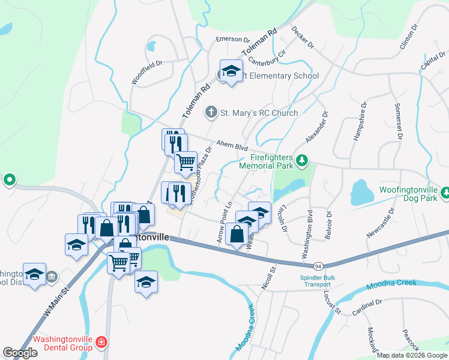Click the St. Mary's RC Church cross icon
pos(211,112)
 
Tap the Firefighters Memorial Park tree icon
pos(303,160)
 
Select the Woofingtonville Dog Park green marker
pos(445,193)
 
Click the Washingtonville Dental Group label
pos(62,343)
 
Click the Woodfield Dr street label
pos(148,71)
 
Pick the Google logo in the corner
pos(20,353)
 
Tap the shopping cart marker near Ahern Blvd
pos(185,161)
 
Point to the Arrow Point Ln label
pos(224,221)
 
